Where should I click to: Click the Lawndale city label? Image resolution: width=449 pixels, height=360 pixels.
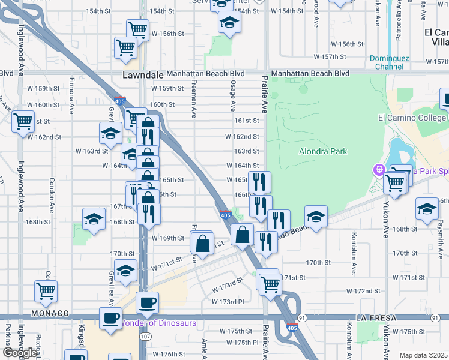[143, 76]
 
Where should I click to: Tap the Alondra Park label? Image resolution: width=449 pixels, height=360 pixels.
[323, 151]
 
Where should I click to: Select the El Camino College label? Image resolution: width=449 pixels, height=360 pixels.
[412, 118]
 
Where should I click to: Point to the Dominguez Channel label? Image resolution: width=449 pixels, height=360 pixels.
[389, 62]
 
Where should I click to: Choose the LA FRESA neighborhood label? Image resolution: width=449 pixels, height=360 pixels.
[377, 316]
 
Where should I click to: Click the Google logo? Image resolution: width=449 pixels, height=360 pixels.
[19, 353]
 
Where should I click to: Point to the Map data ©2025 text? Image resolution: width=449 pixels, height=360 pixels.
[424, 355]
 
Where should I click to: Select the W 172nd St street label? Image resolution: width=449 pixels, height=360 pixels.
[364, 291]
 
